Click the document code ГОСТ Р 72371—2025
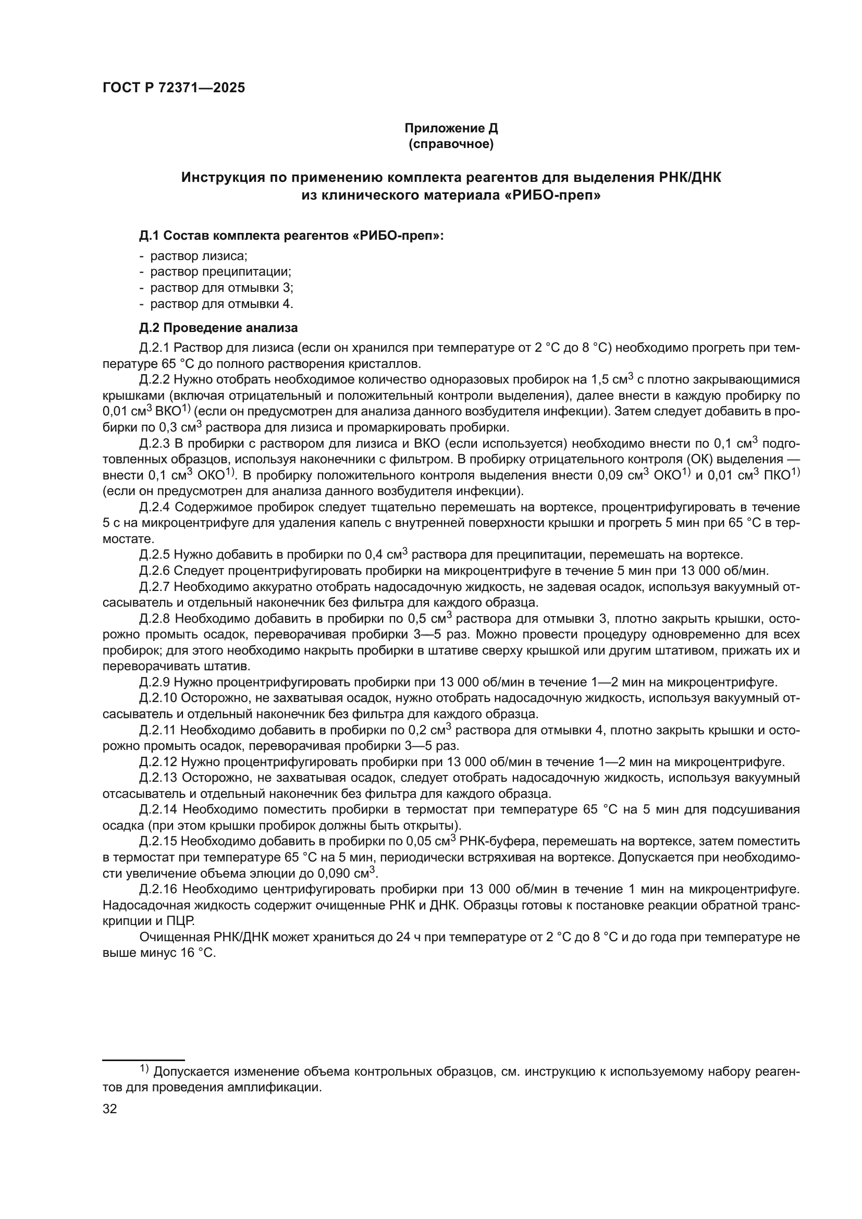(174, 88)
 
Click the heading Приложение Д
(451, 128)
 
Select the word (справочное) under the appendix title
(451, 144)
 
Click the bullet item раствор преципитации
(220, 272)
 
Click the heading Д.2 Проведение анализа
(218, 328)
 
